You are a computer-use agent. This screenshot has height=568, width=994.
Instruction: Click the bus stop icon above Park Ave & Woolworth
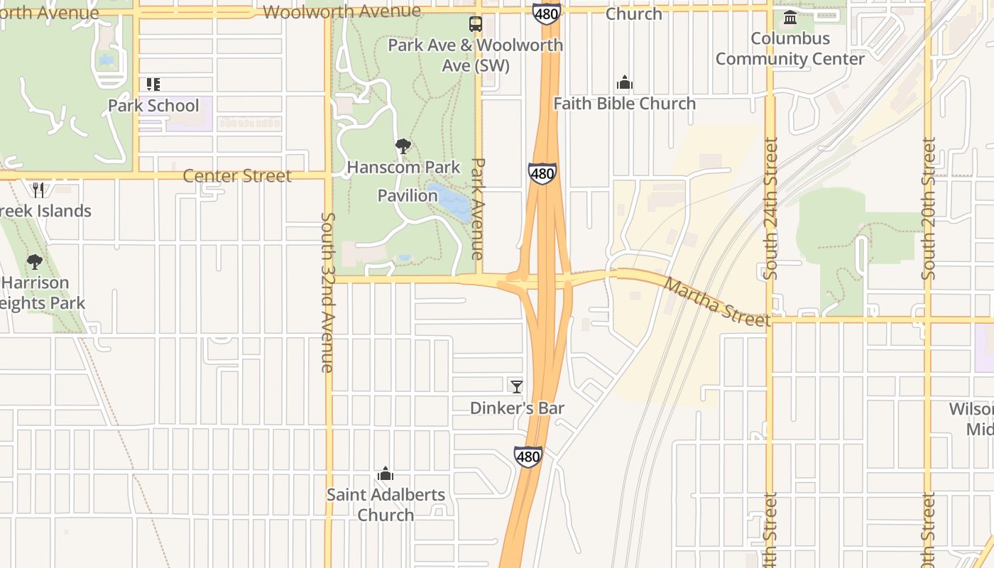[x=475, y=24]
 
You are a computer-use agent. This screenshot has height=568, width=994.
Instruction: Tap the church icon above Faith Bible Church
[x=624, y=83]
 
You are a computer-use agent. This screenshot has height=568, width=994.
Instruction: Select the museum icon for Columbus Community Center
[x=790, y=17]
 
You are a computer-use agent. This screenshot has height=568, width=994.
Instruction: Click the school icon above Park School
[x=153, y=84]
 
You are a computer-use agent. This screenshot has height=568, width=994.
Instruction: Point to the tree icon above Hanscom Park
[x=403, y=147]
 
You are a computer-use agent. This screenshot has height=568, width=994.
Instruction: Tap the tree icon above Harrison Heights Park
[x=34, y=262]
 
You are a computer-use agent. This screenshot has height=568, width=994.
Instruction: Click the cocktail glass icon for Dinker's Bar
[x=517, y=386]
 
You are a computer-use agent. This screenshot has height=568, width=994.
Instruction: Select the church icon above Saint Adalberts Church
[x=386, y=474]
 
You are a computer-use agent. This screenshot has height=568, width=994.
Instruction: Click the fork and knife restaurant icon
[x=38, y=190]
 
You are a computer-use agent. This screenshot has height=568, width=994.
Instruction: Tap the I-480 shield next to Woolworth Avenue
[x=546, y=12]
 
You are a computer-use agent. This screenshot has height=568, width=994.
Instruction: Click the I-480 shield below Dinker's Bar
[x=528, y=456]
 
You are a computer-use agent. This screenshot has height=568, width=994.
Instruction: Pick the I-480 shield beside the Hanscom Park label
[x=542, y=173]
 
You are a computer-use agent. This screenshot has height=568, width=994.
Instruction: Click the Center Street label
[x=237, y=176]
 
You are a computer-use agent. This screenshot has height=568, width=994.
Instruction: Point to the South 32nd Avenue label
[x=327, y=292]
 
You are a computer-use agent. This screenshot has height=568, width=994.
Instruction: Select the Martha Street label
[x=716, y=302]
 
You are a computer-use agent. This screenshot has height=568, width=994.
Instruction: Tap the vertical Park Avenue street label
[x=478, y=208]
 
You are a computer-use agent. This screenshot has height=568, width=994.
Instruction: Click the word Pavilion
[x=408, y=195]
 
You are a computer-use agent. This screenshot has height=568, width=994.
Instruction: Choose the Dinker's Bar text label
[x=517, y=408]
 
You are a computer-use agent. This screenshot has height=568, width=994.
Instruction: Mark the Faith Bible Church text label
[x=624, y=104]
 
